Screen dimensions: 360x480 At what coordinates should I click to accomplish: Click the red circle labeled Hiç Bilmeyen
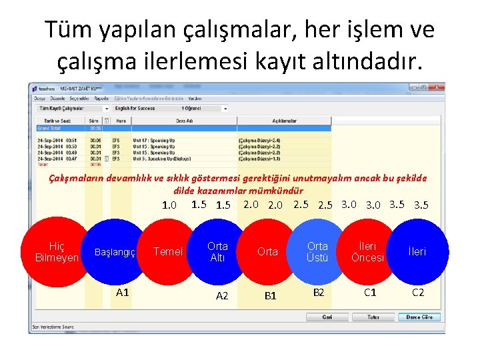click(57, 252)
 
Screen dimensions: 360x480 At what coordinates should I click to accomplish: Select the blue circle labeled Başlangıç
click(115, 252)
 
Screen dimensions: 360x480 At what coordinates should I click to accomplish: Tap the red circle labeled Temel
click(167, 251)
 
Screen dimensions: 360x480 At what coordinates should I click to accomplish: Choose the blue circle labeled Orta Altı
click(217, 251)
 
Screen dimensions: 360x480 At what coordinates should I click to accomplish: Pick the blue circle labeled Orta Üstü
click(317, 251)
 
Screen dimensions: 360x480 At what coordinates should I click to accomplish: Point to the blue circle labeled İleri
click(417, 251)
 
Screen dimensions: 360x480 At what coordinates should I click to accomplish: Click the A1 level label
click(123, 292)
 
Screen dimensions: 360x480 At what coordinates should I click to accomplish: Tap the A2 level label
click(223, 295)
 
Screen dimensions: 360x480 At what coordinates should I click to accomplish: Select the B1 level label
click(270, 295)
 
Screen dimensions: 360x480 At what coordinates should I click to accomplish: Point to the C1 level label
click(370, 292)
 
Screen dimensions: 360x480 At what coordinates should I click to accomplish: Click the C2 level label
click(418, 292)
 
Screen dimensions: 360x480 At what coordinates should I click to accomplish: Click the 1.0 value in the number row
click(169, 205)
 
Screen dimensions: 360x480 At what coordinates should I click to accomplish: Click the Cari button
click(327, 317)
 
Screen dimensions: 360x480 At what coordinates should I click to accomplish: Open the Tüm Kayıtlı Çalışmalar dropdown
click(72, 108)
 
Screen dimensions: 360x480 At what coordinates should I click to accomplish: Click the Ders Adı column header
click(184, 121)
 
